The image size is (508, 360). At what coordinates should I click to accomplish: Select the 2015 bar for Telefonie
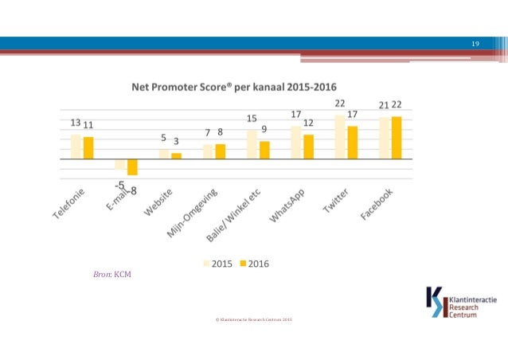click(x=76, y=147)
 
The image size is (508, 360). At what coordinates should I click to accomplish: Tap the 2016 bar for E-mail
click(x=132, y=166)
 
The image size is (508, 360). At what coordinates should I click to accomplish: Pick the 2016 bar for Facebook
click(x=397, y=138)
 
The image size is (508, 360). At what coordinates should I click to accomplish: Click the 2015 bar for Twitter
click(x=340, y=136)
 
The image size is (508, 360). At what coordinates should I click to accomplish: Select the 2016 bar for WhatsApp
click(x=308, y=147)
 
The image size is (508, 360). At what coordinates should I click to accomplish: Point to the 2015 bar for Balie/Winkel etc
click(x=252, y=144)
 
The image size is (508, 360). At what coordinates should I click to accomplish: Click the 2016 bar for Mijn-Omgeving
click(x=221, y=151)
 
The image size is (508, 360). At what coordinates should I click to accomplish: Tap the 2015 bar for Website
click(x=164, y=154)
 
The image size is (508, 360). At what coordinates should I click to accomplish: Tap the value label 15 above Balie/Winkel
click(x=252, y=118)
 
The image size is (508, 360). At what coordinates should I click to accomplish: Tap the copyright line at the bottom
click(x=254, y=319)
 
